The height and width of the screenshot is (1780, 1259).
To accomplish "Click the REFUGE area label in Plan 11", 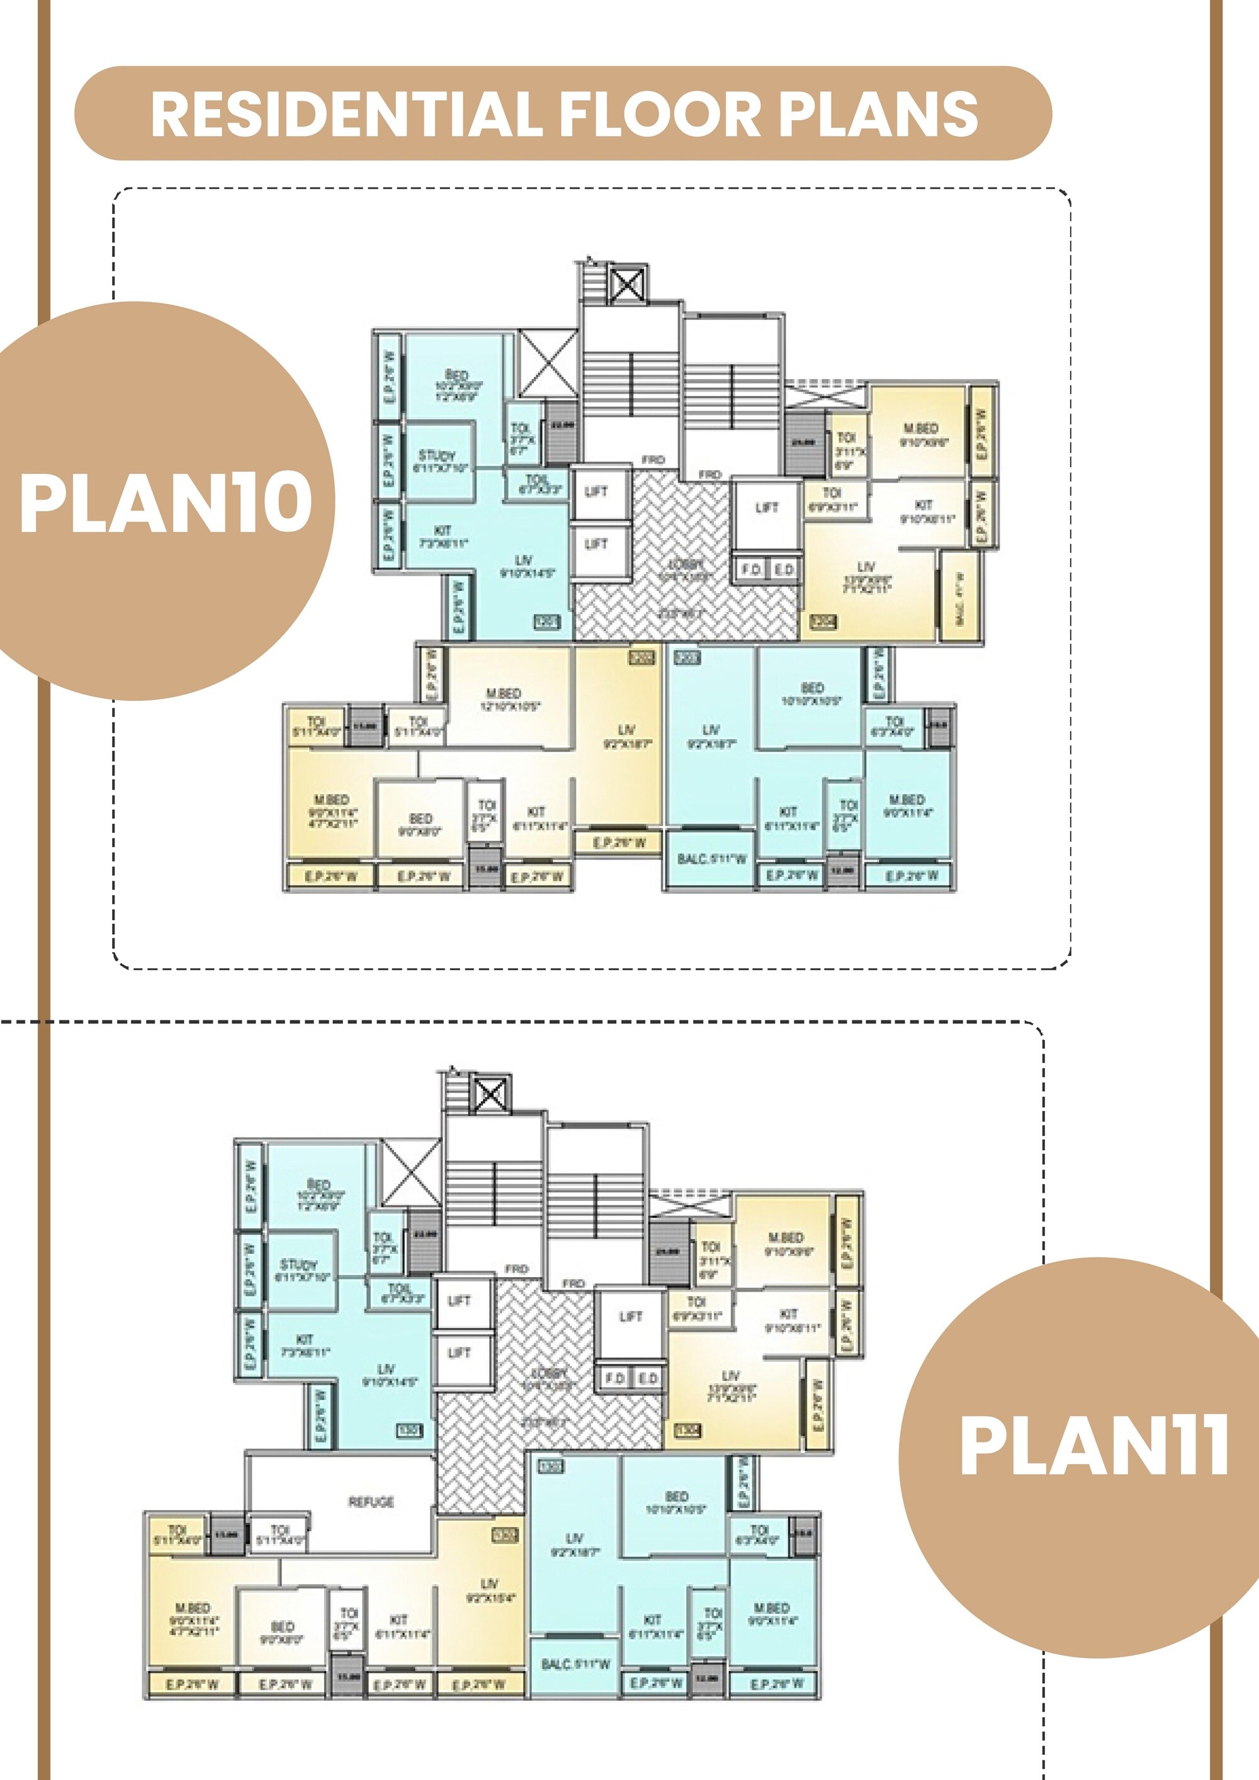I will coord(371,1502).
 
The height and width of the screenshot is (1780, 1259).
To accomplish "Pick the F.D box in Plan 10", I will coord(750,570).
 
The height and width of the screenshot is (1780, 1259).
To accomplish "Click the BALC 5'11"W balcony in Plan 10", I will coord(711,859).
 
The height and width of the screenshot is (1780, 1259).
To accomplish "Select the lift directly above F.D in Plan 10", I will coord(767,508).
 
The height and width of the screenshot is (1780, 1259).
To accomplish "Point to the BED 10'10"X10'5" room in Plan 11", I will coord(676,1502).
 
